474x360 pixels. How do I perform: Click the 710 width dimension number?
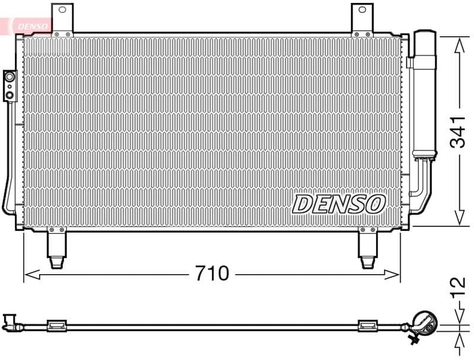click(x=212, y=274)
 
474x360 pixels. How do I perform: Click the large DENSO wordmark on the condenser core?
click(x=338, y=204)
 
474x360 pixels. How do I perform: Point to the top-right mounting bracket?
click(x=362, y=20)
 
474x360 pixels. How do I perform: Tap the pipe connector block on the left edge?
click(x=9, y=85)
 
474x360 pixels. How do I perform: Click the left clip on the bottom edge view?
click(x=57, y=325)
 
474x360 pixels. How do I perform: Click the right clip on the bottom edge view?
click(x=368, y=325)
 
